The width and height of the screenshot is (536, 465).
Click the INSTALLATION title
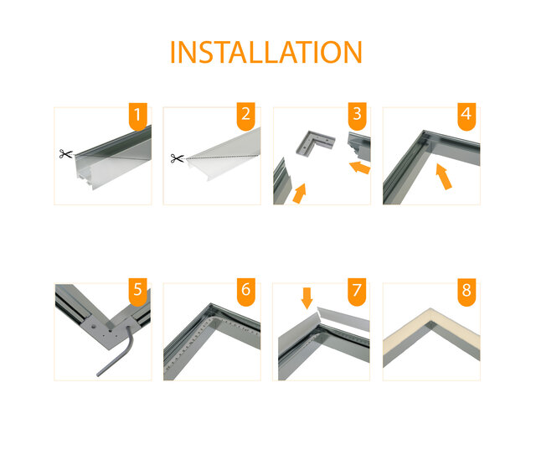[x=265, y=51]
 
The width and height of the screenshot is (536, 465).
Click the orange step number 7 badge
[x=358, y=292]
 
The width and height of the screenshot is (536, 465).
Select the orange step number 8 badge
[x=467, y=292]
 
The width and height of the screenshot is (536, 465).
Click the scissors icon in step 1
[x=65, y=154]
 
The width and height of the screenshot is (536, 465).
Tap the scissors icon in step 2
[x=176, y=158]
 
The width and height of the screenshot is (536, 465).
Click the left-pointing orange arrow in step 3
[x=359, y=168]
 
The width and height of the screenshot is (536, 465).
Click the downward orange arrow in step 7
[x=307, y=297]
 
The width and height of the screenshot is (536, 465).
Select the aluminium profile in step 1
[x=109, y=159]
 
